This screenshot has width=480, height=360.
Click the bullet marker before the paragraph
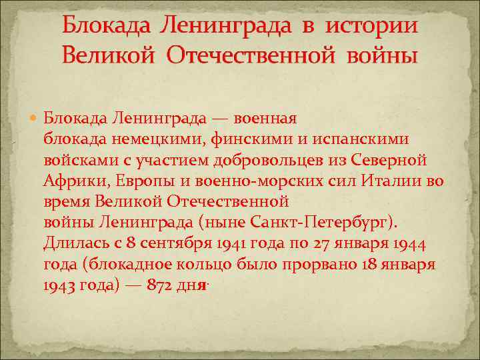click(x=35, y=119)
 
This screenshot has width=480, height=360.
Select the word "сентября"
click(x=156, y=243)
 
